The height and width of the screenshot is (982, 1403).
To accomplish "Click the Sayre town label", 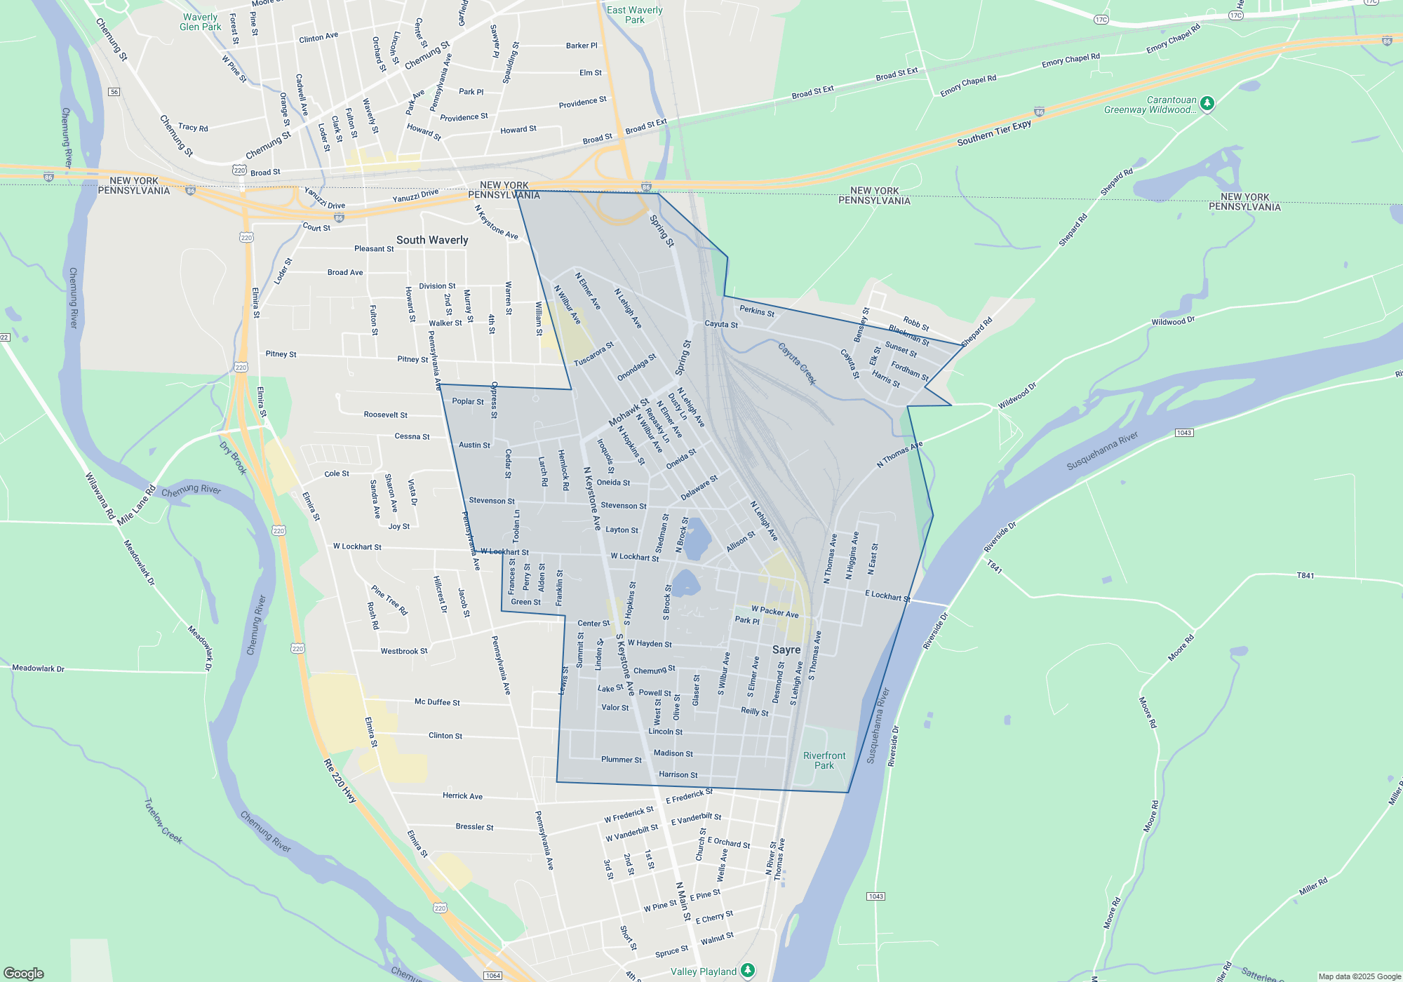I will click(x=786, y=650).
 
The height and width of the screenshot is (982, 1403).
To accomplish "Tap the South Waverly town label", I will click(x=432, y=240).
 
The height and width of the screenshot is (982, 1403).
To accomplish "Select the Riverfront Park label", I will click(x=824, y=760).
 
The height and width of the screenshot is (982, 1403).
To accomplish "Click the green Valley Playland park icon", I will click(x=748, y=970).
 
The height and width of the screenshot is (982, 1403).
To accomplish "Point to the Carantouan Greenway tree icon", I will click(x=1207, y=104).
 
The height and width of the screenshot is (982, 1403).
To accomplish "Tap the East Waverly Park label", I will click(x=634, y=15).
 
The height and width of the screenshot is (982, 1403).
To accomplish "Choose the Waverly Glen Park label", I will click(x=201, y=22).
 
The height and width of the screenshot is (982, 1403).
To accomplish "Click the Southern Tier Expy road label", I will click(x=994, y=133).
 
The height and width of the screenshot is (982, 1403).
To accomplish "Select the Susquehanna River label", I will click(x=1102, y=451).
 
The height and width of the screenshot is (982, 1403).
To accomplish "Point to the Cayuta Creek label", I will click(x=798, y=363).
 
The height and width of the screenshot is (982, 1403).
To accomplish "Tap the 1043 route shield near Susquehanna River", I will click(x=1184, y=433).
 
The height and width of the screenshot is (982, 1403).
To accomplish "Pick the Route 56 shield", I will click(x=114, y=92).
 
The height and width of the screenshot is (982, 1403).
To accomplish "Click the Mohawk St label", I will click(x=629, y=412).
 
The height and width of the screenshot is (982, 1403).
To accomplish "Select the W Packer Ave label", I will click(x=774, y=612).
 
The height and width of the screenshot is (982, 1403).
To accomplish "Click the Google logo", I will click(x=24, y=973).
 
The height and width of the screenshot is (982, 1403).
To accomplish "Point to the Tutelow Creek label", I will click(x=163, y=820).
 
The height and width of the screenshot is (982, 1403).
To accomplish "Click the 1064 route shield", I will click(x=493, y=976).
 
